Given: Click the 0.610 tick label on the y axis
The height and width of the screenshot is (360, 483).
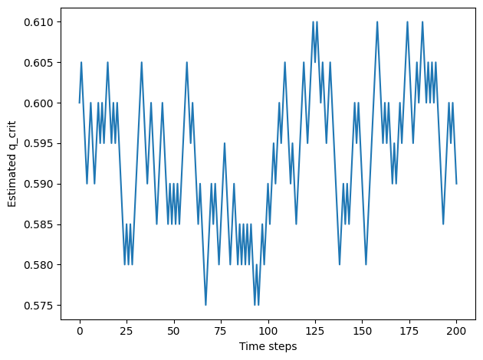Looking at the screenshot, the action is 38,22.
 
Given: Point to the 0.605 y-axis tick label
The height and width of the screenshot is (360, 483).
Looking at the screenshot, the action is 38,63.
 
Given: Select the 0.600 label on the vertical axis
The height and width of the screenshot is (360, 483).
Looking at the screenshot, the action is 38,103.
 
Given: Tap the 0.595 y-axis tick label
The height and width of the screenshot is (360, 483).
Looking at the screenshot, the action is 38,144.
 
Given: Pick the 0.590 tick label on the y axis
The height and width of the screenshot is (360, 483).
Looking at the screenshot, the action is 38,185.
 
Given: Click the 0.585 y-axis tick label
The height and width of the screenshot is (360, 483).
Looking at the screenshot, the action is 38,224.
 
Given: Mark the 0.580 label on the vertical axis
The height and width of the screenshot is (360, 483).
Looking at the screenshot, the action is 38,265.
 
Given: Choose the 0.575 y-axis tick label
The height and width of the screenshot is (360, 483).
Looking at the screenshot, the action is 38,306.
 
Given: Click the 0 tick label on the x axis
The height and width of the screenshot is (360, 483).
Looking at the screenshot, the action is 80,331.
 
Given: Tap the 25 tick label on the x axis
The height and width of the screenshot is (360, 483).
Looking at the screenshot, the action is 127,331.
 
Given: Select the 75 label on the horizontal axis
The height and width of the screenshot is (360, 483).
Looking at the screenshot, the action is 221,331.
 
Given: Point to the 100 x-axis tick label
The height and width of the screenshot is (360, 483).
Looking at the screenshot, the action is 268,331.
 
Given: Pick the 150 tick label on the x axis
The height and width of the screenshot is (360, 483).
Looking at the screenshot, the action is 362,331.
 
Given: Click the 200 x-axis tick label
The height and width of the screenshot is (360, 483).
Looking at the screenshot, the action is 456,331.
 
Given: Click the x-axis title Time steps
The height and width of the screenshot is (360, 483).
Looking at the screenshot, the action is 268,346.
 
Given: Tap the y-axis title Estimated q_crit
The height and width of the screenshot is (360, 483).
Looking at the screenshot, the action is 11,164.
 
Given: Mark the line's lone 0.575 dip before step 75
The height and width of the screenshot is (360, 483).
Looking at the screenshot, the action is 205,305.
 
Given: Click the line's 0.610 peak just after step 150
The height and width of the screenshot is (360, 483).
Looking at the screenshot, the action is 377,22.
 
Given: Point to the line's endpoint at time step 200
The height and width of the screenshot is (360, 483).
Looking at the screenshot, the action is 456,184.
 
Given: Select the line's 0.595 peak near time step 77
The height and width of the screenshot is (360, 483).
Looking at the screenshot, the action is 225,143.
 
